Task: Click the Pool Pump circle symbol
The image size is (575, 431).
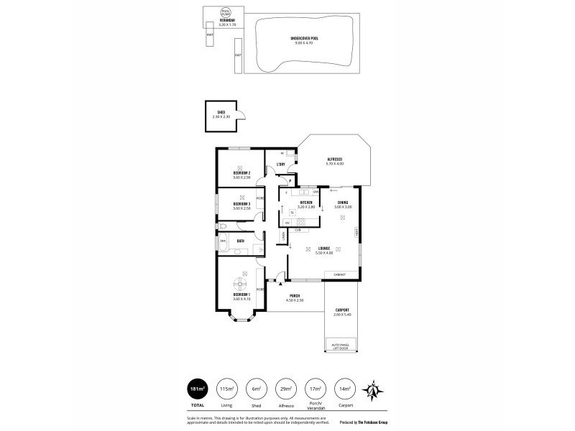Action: pos(226,13)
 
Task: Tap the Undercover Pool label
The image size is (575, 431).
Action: pos(305,40)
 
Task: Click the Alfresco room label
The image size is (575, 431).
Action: pos(334,161)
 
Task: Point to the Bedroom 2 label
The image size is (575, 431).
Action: pos(241,175)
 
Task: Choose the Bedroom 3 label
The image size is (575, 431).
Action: pos(241,205)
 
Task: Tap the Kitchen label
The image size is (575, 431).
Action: pos(305,204)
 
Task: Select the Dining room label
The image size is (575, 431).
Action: pos(343,204)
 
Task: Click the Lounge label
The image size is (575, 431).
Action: pos(323,250)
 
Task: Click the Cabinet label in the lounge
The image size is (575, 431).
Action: pos(339,274)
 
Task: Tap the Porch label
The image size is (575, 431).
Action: pos(295,297)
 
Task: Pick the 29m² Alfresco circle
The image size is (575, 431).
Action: pos(287,389)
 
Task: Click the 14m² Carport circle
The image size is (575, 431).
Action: pos(346,389)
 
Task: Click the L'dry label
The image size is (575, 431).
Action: pos(281,165)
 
